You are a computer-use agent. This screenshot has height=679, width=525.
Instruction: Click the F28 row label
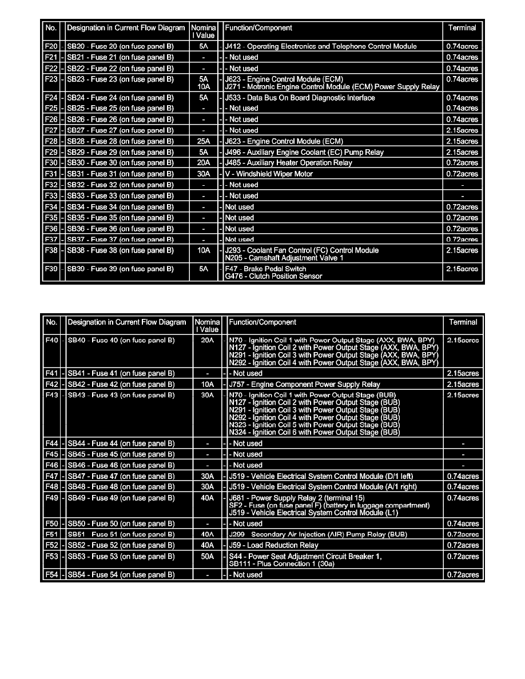tap(51, 141)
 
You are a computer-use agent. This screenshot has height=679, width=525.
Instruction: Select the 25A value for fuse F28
tap(203, 141)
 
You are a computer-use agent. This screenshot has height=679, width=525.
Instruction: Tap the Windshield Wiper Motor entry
tap(269, 174)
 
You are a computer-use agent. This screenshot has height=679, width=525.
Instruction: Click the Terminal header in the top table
tap(462, 27)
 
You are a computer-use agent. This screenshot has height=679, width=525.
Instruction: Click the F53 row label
tap(51, 556)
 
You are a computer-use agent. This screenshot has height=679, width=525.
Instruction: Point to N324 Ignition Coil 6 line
tap(313, 433)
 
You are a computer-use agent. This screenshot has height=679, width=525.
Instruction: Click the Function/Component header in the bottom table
tap(262, 322)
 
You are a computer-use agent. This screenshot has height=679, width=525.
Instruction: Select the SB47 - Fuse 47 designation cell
tap(121, 476)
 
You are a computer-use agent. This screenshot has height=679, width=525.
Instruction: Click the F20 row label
tap(51, 46)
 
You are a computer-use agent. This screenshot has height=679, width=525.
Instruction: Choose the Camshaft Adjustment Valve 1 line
tap(284, 258)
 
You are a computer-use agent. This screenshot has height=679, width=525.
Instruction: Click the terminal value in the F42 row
tap(463, 384)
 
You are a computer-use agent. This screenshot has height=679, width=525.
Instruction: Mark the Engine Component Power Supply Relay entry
tap(304, 384)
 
